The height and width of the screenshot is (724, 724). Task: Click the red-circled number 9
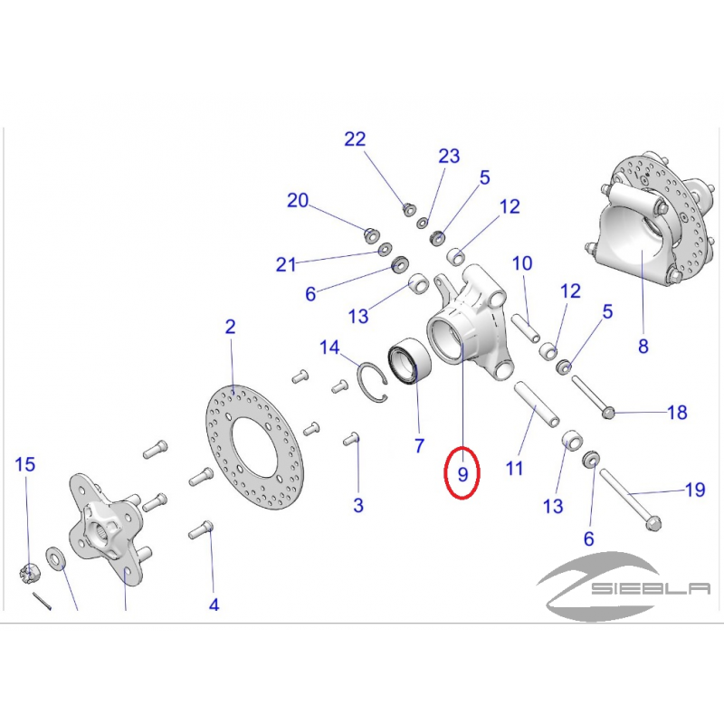pos(462,474)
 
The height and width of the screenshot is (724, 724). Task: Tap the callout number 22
pos(355,139)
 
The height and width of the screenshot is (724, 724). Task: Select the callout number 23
pos(449,156)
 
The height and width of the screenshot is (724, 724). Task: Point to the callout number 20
pos(298,200)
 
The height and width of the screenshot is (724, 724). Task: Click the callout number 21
pos(286,264)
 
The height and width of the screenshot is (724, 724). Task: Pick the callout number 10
pos(522,263)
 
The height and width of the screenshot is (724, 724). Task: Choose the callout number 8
pos(643,346)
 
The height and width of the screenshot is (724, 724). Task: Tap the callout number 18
pos(677,413)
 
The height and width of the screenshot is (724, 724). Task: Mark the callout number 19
pos(695,490)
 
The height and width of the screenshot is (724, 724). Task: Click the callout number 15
pos(25,464)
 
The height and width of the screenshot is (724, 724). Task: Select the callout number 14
pos(329,348)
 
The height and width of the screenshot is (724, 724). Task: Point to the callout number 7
pos(419,445)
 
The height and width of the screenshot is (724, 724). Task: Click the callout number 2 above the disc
pos(230,327)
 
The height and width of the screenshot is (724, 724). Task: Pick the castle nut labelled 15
pos(30,573)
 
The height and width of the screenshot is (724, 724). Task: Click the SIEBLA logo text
pos(651,588)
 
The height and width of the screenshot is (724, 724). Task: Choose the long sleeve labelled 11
pos(537,402)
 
